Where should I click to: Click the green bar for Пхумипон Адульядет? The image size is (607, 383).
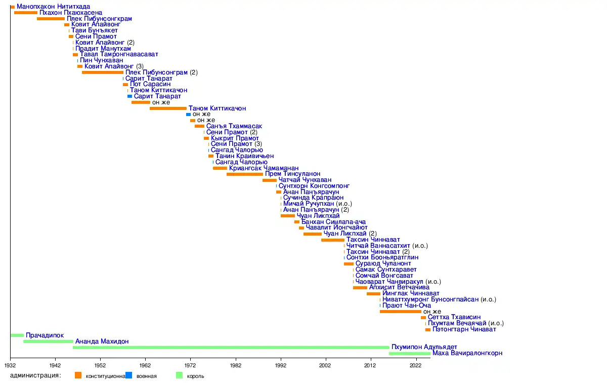coord(231,348)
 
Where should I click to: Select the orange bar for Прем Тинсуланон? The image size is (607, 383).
coord(245,174)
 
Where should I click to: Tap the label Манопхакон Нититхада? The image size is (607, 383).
coord(53,7)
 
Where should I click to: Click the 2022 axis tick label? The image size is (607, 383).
coord(415,365)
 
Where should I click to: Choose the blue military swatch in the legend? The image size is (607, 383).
coord(129,375)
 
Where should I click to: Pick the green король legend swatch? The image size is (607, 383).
coord(179,375)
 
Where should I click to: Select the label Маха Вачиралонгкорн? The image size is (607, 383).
coord(467,354)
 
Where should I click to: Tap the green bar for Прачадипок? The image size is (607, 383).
coord(17,335)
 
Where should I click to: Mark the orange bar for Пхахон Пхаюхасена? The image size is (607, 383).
coord(26,13)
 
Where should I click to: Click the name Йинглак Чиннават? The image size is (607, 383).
coord(404,294)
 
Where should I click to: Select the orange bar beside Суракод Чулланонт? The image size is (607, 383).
coord(349,264)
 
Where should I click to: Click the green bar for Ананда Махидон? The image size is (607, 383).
coord(48,341)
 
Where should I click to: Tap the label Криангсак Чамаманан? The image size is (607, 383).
coord(264,168)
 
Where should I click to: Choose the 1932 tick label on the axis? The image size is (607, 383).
coord(10,365)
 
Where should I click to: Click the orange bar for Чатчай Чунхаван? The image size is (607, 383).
coord(269,180)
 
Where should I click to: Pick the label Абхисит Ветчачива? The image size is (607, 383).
coord(400,288)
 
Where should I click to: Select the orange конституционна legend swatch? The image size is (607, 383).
coord(78,375)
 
